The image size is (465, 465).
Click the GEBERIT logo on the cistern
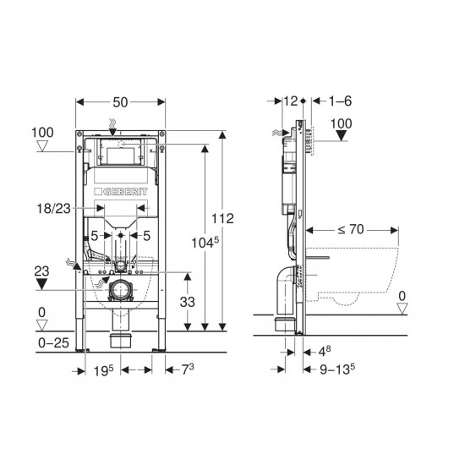pyautogui.click(x=121, y=192)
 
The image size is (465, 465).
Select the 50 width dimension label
pyautogui.click(x=120, y=102)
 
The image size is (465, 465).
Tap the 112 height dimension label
pyautogui.click(x=222, y=219)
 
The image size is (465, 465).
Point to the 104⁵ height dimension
pyautogui.click(x=205, y=243)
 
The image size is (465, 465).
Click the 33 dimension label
pyautogui.click(x=188, y=302)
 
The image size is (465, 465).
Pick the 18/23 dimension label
pyautogui.click(x=53, y=209)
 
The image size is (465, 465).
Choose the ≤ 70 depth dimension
pyautogui.click(x=351, y=229)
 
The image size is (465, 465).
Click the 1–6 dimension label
pyautogui.click(x=341, y=101)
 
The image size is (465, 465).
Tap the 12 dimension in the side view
pyautogui.click(x=291, y=101)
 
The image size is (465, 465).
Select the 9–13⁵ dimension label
pyautogui.click(x=337, y=369)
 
